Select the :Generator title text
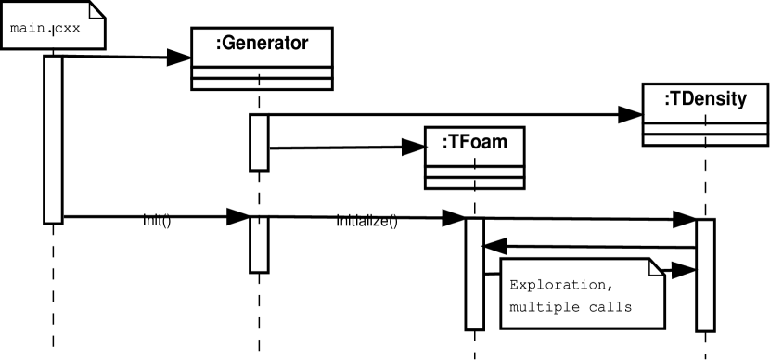(x=262, y=44)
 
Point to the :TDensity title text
(x=705, y=99)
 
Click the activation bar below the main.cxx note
(x=53, y=139)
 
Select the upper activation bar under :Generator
(x=259, y=142)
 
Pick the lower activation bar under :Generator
(x=259, y=245)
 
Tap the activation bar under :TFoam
(x=475, y=274)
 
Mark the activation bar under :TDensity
(x=705, y=275)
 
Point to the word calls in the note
(x=612, y=306)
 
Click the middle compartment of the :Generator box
(x=262, y=72)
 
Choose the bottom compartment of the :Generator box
(x=262, y=84)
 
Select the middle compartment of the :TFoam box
(x=474, y=172)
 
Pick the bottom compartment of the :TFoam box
(x=474, y=183)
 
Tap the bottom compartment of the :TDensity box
(x=705, y=139)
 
